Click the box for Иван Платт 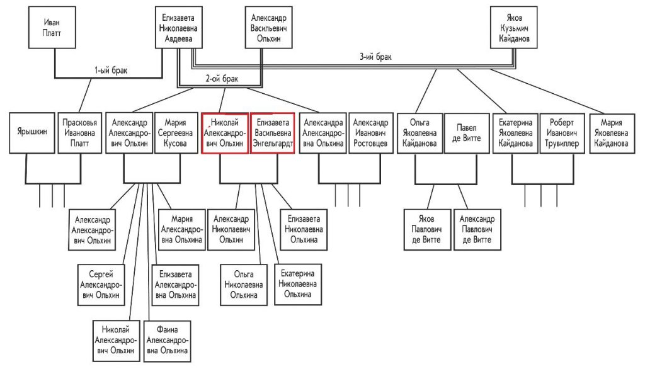point(52,28)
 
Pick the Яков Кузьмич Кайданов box point(514,28)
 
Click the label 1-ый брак point(110,71)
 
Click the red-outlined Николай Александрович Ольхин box point(225,133)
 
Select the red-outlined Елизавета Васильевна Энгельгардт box point(273,133)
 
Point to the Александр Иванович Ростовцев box point(370,133)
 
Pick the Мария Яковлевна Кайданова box point(610,133)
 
